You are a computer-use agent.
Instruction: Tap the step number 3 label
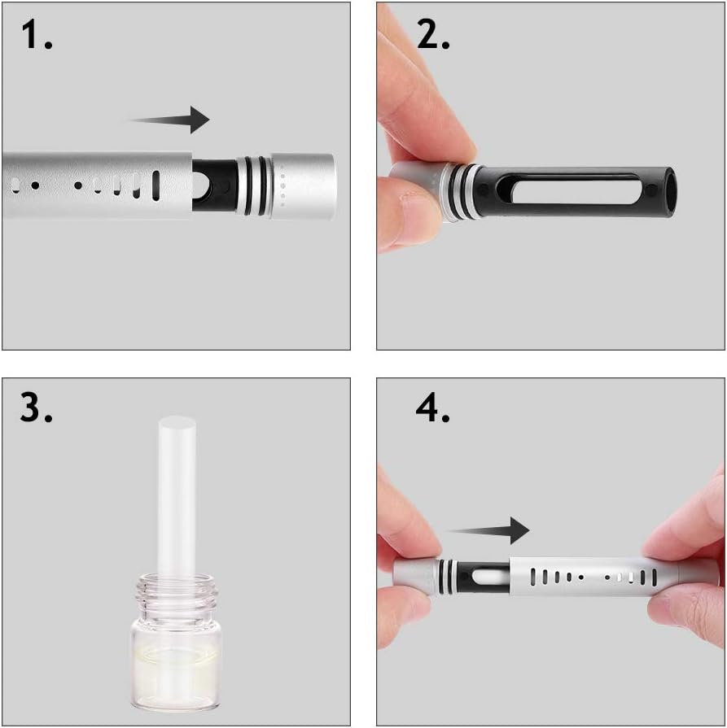coord(37,408)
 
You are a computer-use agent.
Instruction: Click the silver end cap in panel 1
coord(302,185)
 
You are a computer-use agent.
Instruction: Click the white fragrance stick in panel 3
coord(177,496)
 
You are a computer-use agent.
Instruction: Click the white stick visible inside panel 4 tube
coord(481,578)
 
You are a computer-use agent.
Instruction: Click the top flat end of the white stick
coord(177,423)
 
